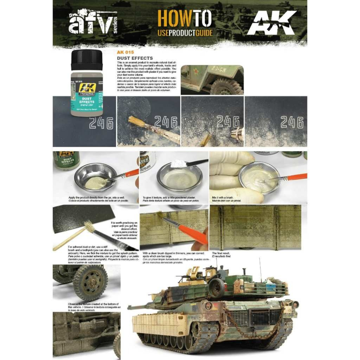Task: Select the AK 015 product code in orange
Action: tap(125, 53)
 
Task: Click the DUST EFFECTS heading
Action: tap(135, 58)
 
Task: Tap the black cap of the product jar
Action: tap(86, 59)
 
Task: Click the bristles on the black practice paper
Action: tap(87, 227)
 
